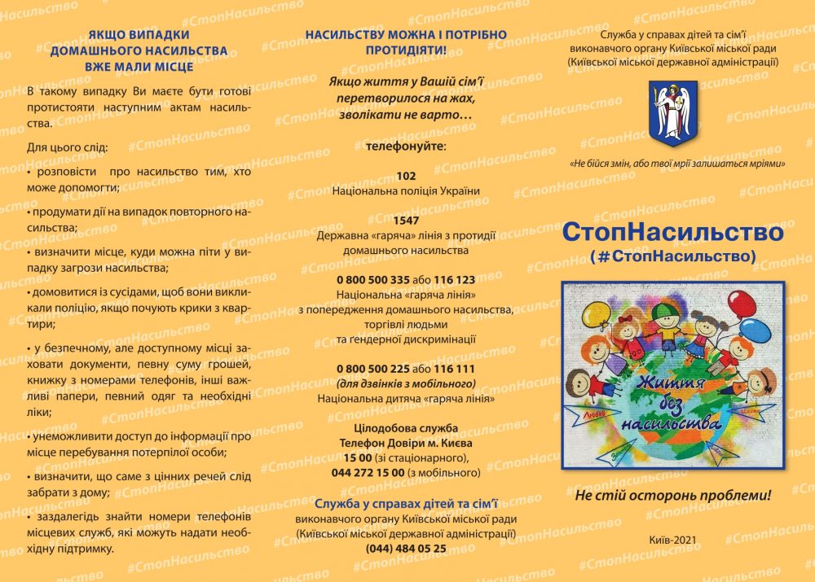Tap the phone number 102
406,176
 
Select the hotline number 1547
406,221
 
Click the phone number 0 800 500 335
372,279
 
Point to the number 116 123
454,279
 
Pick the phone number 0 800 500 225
372,369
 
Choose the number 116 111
454,369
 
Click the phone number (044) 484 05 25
406,548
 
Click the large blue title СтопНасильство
672,232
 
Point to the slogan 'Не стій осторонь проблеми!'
672,495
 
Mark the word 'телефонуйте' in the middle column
405,146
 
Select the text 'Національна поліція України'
406,190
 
